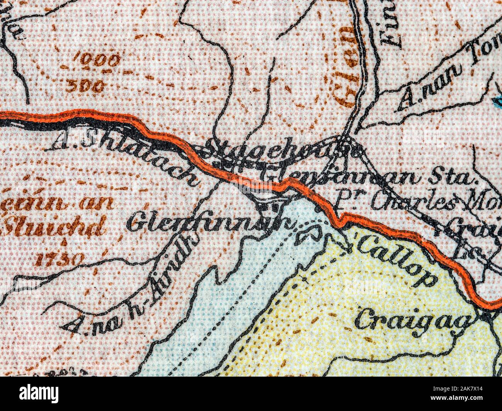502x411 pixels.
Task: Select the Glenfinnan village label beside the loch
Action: [209, 223]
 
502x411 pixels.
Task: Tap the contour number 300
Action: [85, 86]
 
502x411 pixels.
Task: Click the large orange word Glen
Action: [345, 66]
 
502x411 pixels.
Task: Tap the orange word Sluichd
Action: [54, 227]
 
